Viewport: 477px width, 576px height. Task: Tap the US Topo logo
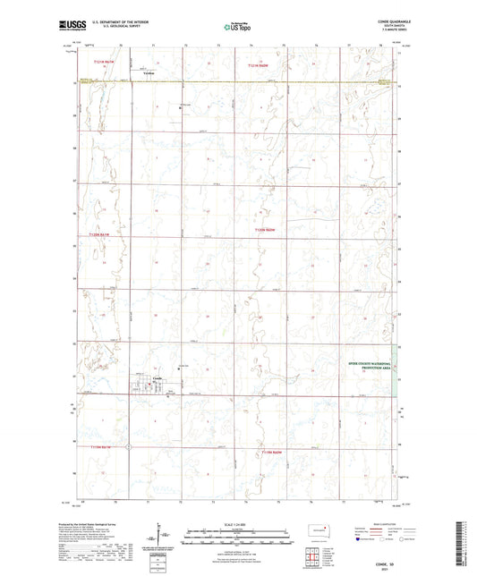(237, 28)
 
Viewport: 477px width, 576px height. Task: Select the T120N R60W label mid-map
(266, 230)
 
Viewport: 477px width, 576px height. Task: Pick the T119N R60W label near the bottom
(273, 453)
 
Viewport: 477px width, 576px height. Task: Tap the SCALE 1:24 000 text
(238, 525)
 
